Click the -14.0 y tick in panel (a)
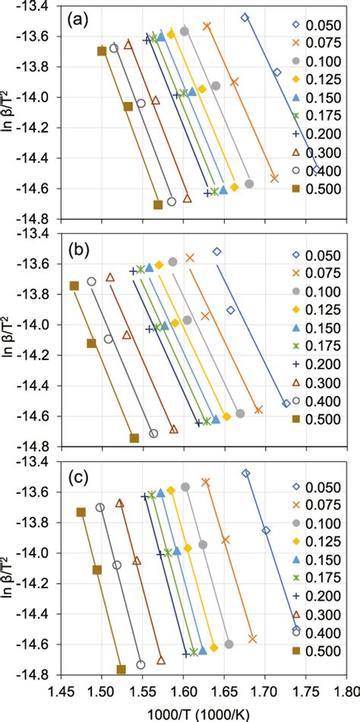click(x=35, y=97)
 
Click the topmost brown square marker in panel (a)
click(x=102, y=51)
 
